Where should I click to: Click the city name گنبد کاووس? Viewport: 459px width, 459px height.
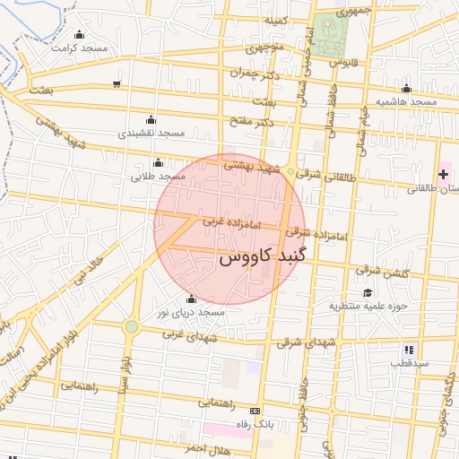(x=262, y=257)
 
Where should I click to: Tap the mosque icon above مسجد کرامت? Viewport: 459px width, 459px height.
(x=81, y=34)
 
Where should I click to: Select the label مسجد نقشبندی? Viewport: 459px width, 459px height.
(x=152, y=133)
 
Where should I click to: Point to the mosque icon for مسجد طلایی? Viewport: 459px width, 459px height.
(x=158, y=162)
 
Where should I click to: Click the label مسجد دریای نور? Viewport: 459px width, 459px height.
(x=190, y=313)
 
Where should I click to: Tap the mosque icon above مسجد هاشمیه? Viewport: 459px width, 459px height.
(x=406, y=88)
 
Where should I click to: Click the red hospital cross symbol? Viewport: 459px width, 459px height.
(x=443, y=172)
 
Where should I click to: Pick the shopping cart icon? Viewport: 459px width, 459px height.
(x=117, y=84)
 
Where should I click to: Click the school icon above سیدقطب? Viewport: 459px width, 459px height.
(x=408, y=350)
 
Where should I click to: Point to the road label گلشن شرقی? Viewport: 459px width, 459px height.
(x=380, y=269)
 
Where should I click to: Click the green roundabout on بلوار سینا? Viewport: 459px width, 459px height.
(x=132, y=326)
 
